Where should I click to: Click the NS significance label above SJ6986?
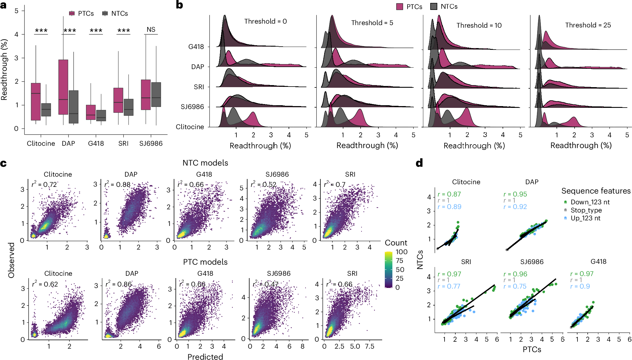pos(151,29)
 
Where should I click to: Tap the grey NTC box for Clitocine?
pos(46,110)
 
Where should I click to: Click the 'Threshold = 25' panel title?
pos(588,25)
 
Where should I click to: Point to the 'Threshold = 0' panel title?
pos(265,21)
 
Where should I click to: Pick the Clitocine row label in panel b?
pos(190,127)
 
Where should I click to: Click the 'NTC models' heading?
pos(205,163)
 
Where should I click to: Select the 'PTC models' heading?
pos(205,262)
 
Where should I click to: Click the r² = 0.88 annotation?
pos(117,185)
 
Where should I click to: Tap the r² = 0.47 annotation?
pos(264,284)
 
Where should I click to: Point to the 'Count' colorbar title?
pos(396,243)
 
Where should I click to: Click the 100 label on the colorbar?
pos(401,252)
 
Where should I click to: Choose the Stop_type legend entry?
pos(586,210)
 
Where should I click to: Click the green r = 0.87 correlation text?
pos(449,194)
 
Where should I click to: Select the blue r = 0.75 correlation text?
pos(515,287)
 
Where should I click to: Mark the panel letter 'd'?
pos(419,163)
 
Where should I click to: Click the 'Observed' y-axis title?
pos(11,260)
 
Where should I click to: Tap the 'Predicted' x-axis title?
pos(205,357)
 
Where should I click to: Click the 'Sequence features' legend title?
pos(596,191)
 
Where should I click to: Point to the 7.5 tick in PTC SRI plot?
pos(369,346)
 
